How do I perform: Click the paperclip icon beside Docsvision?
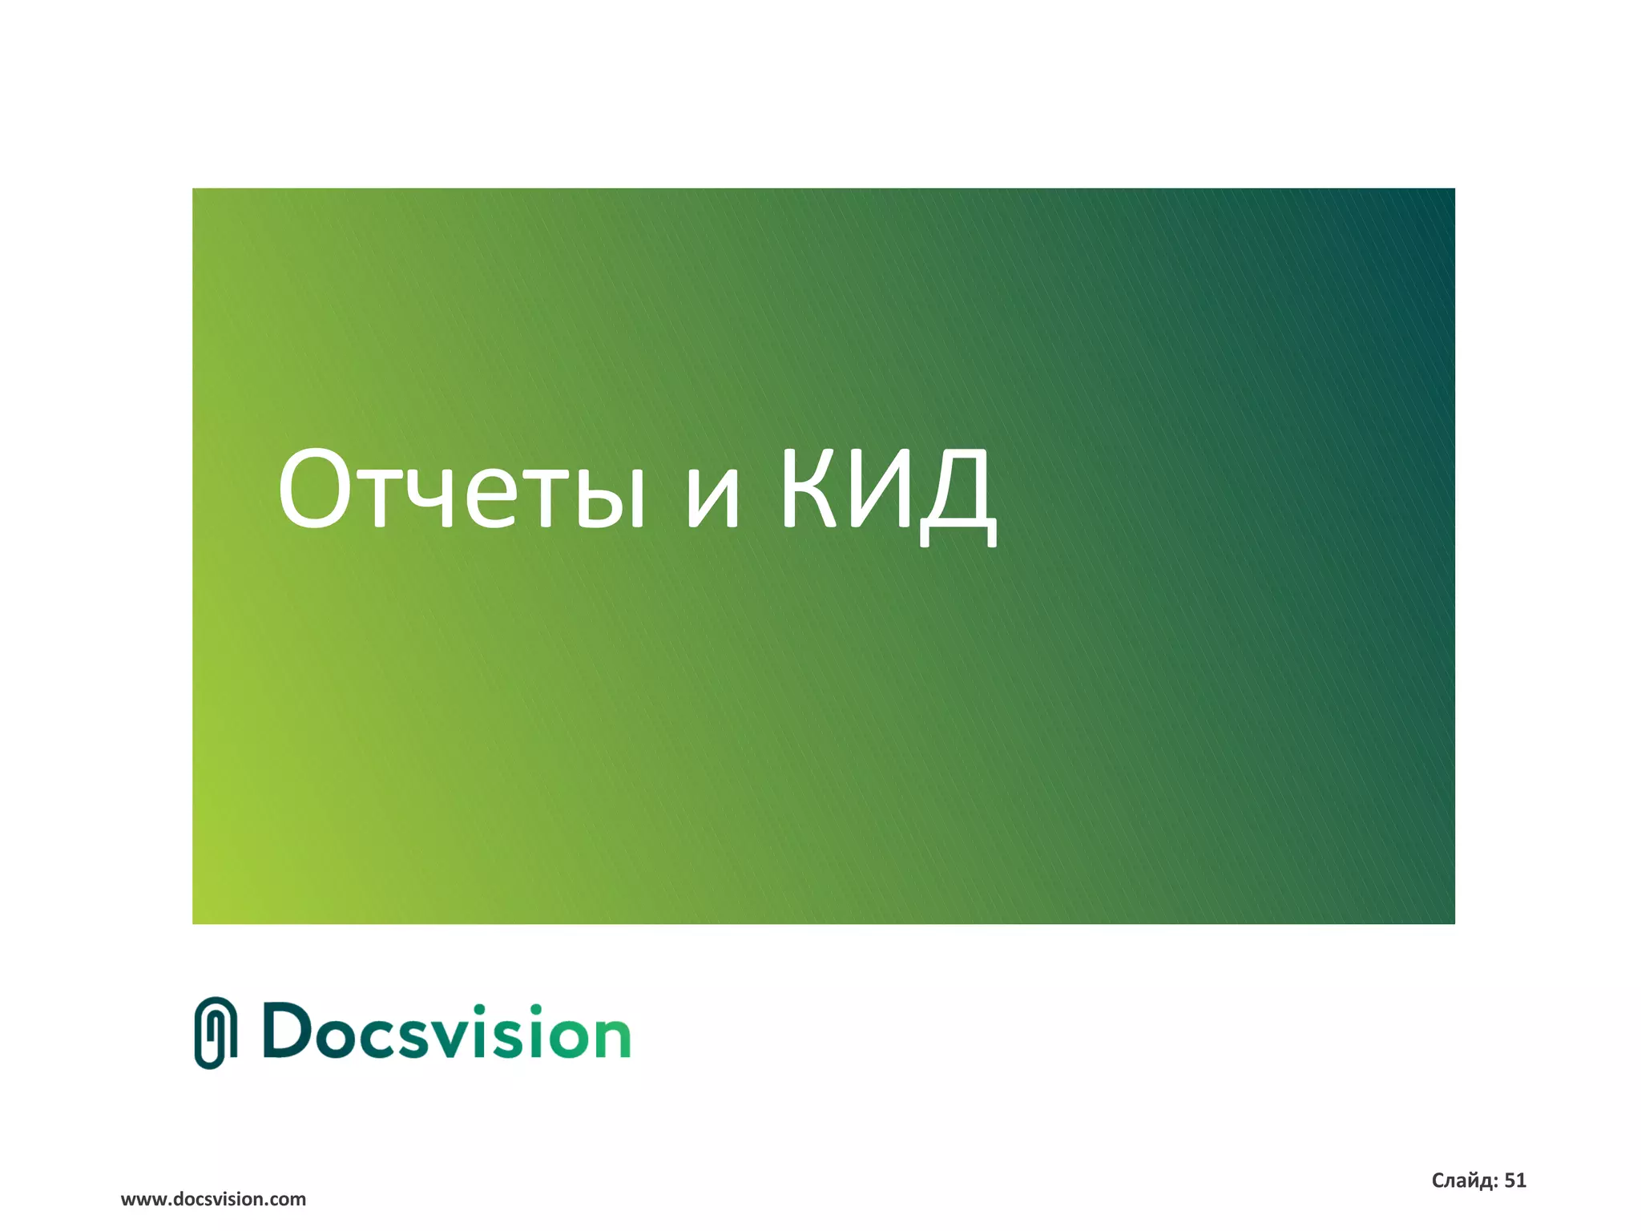(216, 1033)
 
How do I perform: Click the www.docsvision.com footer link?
(213, 1199)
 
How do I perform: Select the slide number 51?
(1515, 1181)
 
